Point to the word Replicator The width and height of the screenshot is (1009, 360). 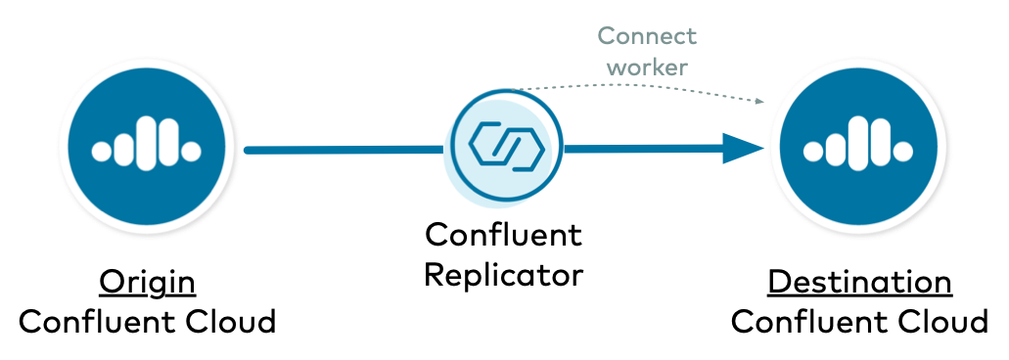[x=503, y=275]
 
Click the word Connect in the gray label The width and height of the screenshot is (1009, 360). [x=647, y=36]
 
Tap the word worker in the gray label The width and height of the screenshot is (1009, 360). [x=647, y=67]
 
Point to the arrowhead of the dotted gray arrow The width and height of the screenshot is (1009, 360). [x=759, y=102]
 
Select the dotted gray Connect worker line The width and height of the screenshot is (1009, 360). [x=636, y=88]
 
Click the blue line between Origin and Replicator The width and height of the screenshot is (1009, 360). [x=343, y=150]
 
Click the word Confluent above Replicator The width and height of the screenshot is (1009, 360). [x=503, y=236]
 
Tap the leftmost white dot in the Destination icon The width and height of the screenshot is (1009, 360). [x=811, y=151]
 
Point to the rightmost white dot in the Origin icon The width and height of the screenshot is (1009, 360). [x=192, y=151]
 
